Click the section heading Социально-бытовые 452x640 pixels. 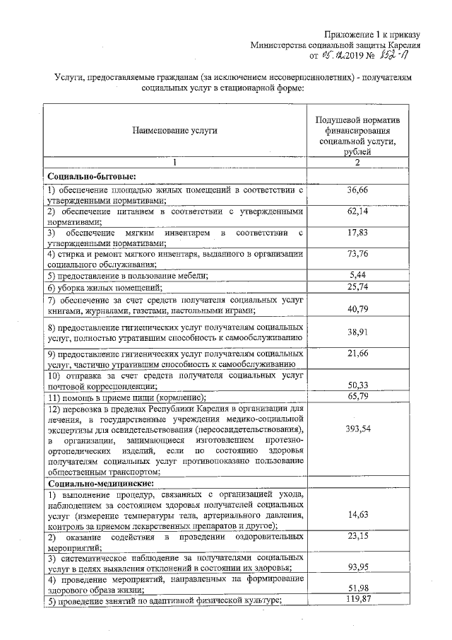tap(91, 176)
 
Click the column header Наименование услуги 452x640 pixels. tap(173, 130)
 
